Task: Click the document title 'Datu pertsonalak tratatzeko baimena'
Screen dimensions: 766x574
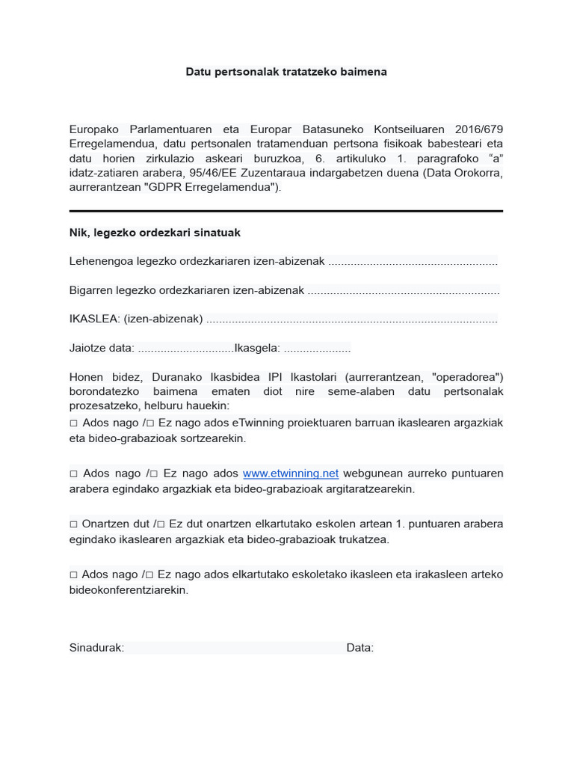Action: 286,72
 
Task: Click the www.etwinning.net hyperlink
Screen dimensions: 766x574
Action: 291,474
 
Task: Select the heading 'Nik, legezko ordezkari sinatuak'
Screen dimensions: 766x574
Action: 155,233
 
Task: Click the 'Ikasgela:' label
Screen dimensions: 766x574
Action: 258,348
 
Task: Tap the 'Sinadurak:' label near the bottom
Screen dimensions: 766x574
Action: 96,648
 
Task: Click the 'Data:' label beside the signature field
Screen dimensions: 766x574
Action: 359,648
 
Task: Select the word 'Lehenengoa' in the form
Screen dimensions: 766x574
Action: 99,261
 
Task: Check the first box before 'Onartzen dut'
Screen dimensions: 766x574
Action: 73,524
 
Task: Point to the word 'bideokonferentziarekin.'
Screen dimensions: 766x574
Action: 129,589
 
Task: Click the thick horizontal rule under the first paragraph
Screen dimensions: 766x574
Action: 286,211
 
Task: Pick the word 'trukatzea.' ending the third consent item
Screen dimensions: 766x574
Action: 364,539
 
